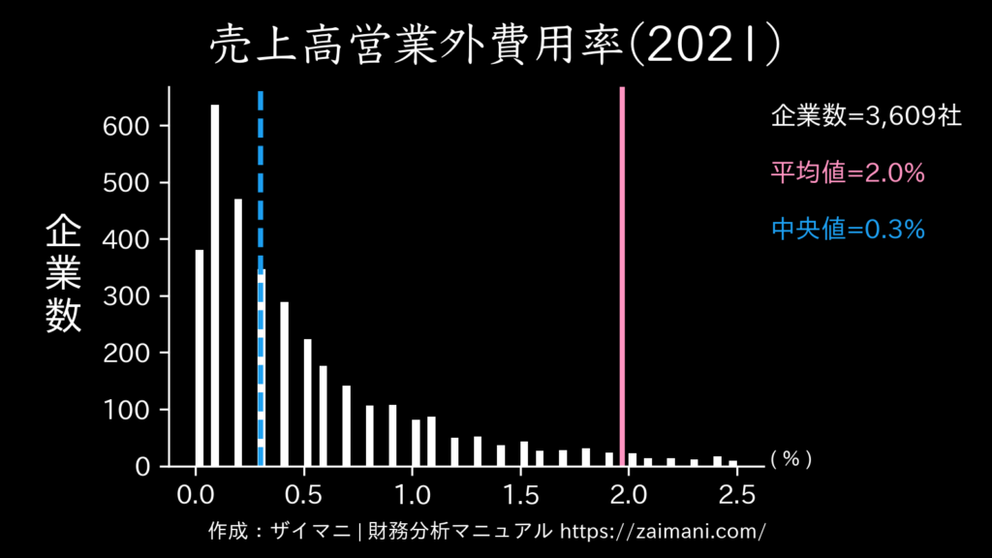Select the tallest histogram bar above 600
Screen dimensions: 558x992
[x=215, y=286]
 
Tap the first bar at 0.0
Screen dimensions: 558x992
[x=200, y=358]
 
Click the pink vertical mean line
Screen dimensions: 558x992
[x=622, y=271]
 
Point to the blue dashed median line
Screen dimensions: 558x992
[x=261, y=194]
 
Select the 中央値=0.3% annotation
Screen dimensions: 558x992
[x=848, y=230]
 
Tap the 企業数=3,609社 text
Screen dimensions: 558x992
[x=866, y=117]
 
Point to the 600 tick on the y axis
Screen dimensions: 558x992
[x=127, y=126]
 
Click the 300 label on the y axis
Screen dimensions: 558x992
[x=127, y=296]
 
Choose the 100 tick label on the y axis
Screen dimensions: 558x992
[x=127, y=410]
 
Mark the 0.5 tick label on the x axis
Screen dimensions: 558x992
[x=304, y=494]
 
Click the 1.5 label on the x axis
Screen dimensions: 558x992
[x=521, y=494]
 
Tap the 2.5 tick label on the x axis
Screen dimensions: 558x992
[x=737, y=494]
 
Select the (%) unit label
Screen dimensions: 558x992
[x=790, y=460]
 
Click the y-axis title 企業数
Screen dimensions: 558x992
[x=64, y=274]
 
